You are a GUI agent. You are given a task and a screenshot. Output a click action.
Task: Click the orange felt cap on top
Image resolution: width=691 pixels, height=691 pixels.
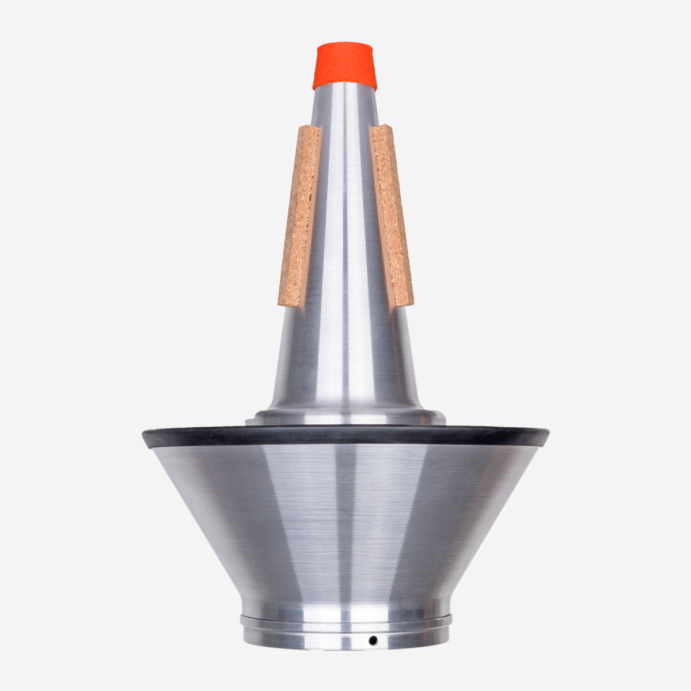click(x=344, y=66)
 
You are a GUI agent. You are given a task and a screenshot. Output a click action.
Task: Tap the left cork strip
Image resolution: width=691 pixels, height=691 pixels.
click(x=300, y=216)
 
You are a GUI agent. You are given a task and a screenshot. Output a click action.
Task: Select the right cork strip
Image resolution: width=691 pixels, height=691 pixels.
click(x=392, y=216)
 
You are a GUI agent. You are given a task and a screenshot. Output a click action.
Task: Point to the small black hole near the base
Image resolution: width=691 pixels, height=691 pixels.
click(x=373, y=640)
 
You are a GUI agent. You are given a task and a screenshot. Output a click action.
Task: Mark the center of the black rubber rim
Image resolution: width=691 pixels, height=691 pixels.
click(x=345, y=436)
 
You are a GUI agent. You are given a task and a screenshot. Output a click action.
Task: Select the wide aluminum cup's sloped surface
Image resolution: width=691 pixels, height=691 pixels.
click(x=345, y=518)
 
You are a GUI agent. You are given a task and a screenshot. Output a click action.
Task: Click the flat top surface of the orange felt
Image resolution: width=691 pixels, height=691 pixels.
click(x=344, y=46)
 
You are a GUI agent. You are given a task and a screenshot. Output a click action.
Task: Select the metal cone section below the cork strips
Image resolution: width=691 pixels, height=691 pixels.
click(x=345, y=357)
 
